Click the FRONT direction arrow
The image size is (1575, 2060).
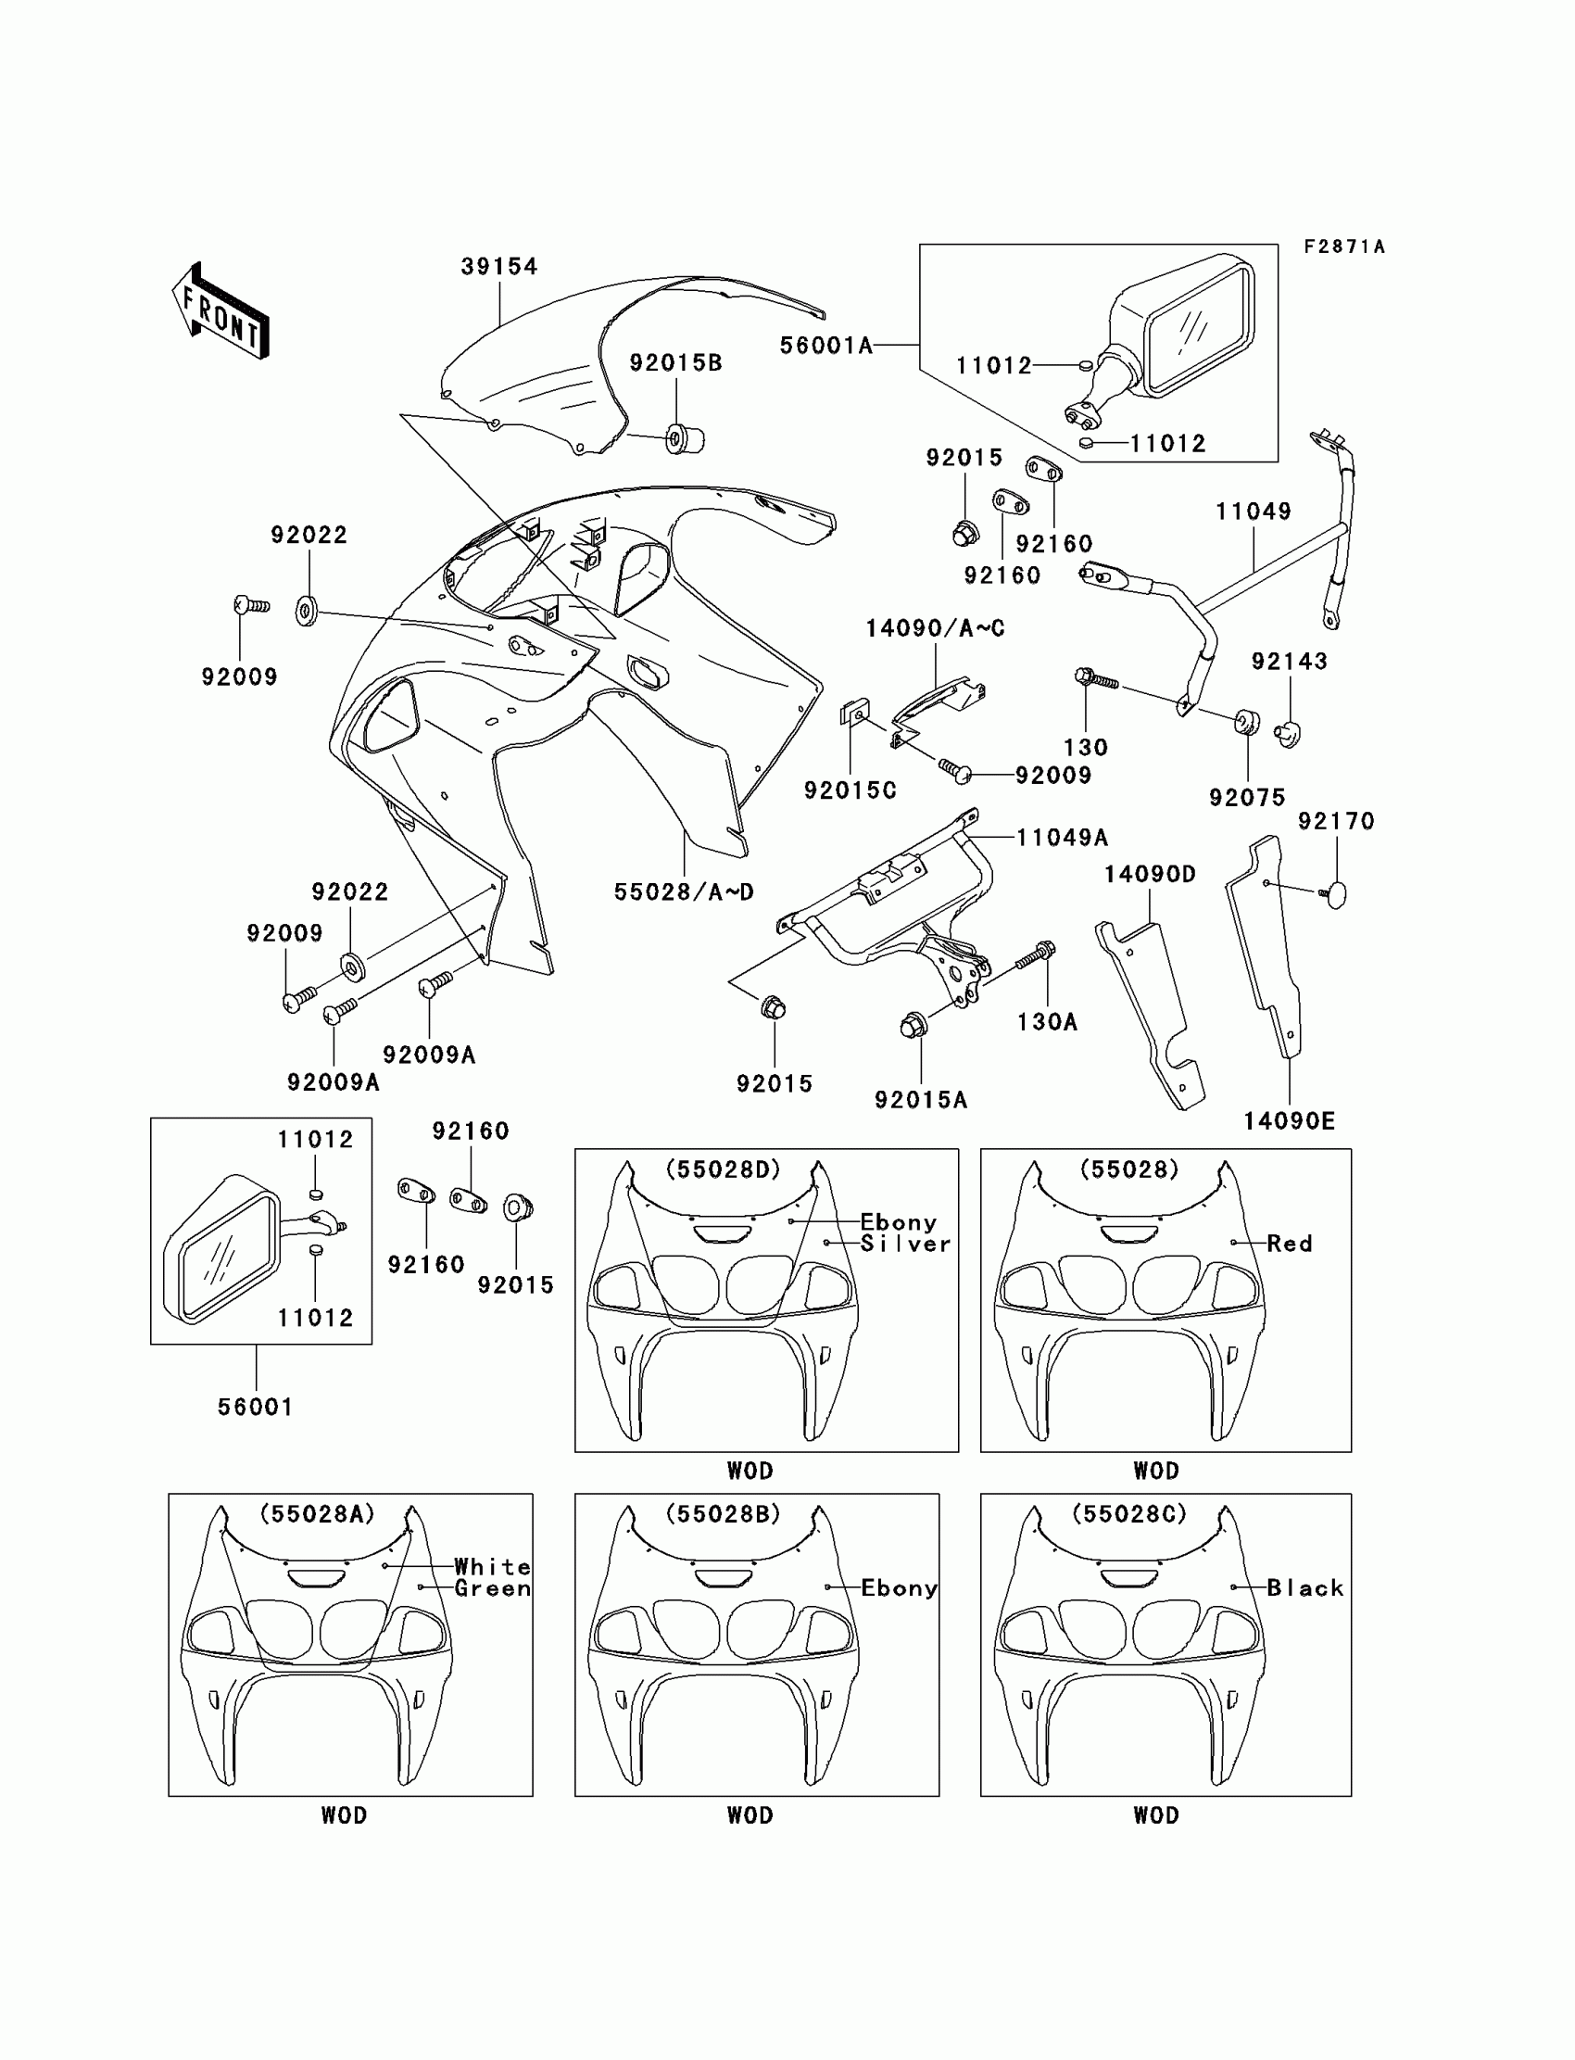[x=220, y=311]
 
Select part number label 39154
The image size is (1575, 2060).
[x=499, y=267]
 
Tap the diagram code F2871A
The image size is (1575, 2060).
[x=1344, y=246]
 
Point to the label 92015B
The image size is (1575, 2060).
[x=676, y=363]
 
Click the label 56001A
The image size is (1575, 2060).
[x=825, y=346]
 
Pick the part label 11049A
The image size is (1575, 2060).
[x=1062, y=838]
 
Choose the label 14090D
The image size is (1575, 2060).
[x=1150, y=875]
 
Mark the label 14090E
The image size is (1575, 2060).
[x=1289, y=1120]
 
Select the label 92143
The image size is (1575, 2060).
[x=1289, y=662]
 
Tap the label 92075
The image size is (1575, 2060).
[x=1247, y=798]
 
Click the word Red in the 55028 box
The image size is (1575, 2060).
[x=1289, y=1245]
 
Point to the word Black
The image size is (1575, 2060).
[x=1305, y=1588]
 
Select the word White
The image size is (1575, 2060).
[x=492, y=1567]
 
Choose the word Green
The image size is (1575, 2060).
[x=492, y=1588]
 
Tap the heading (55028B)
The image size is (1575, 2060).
[x=723, y=1514]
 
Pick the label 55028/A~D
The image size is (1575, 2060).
[x=684, y=891]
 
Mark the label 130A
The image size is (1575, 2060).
[x=1047, y=1022]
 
